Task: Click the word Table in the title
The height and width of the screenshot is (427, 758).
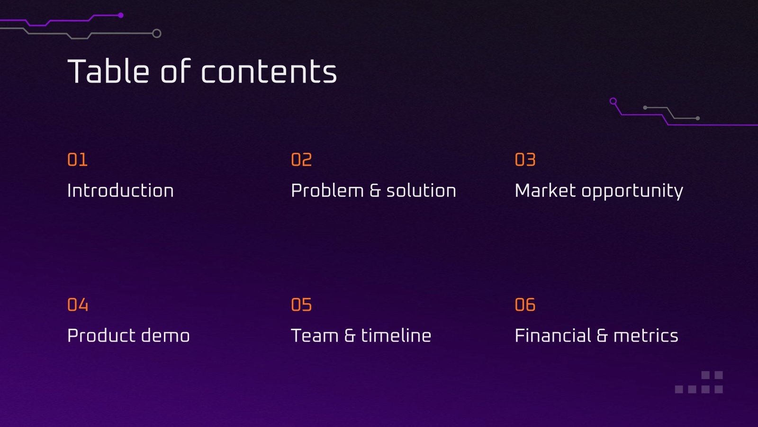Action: click(x=108, y=72)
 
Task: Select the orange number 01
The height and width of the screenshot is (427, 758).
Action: click(x=77, y=160)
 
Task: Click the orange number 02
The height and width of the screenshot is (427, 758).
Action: click(x=301, y=160)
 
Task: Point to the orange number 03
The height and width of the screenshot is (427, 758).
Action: click(x=525, y=160)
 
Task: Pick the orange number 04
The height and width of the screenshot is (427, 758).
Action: click(x=78, y=305)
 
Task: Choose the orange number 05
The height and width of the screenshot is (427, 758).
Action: click(x=301, y=305)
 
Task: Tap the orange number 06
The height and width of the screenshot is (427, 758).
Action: click(x=525, y=305)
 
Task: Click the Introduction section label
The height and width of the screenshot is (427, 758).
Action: click(x=120, y=191)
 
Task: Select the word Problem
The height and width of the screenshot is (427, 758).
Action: click(x=327, y=191)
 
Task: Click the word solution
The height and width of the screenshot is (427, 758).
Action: click(x=421, y=191)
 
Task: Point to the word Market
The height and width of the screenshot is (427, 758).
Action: click(x=545, y=191)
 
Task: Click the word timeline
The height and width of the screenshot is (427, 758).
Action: click(x=396, y=336)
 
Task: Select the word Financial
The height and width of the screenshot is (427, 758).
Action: click(x=553, y=336)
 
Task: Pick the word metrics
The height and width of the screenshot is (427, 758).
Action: click(x=646, y=336)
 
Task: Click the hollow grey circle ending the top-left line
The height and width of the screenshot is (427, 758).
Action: click(x=157, y=33)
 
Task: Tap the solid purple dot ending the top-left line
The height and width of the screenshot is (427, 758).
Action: click(x=121, y=15)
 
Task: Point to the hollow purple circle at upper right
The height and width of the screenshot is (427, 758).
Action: click(x=613, y=101)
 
